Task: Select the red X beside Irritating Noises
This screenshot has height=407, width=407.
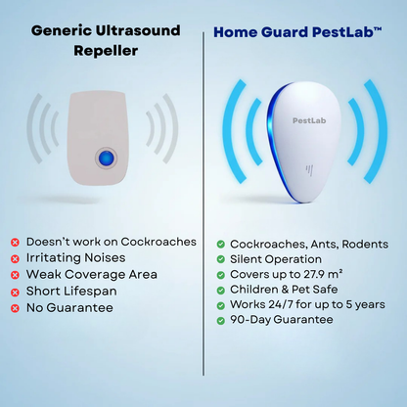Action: pos(16,258)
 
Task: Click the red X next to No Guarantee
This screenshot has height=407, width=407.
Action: pos(16,308)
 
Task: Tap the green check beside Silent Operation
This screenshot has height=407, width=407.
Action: pos(221,259)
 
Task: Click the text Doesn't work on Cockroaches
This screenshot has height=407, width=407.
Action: pos(112,242)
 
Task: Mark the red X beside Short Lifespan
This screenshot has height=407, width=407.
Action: pos(16,292)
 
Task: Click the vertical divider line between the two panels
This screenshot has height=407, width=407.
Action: pos(203,196)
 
